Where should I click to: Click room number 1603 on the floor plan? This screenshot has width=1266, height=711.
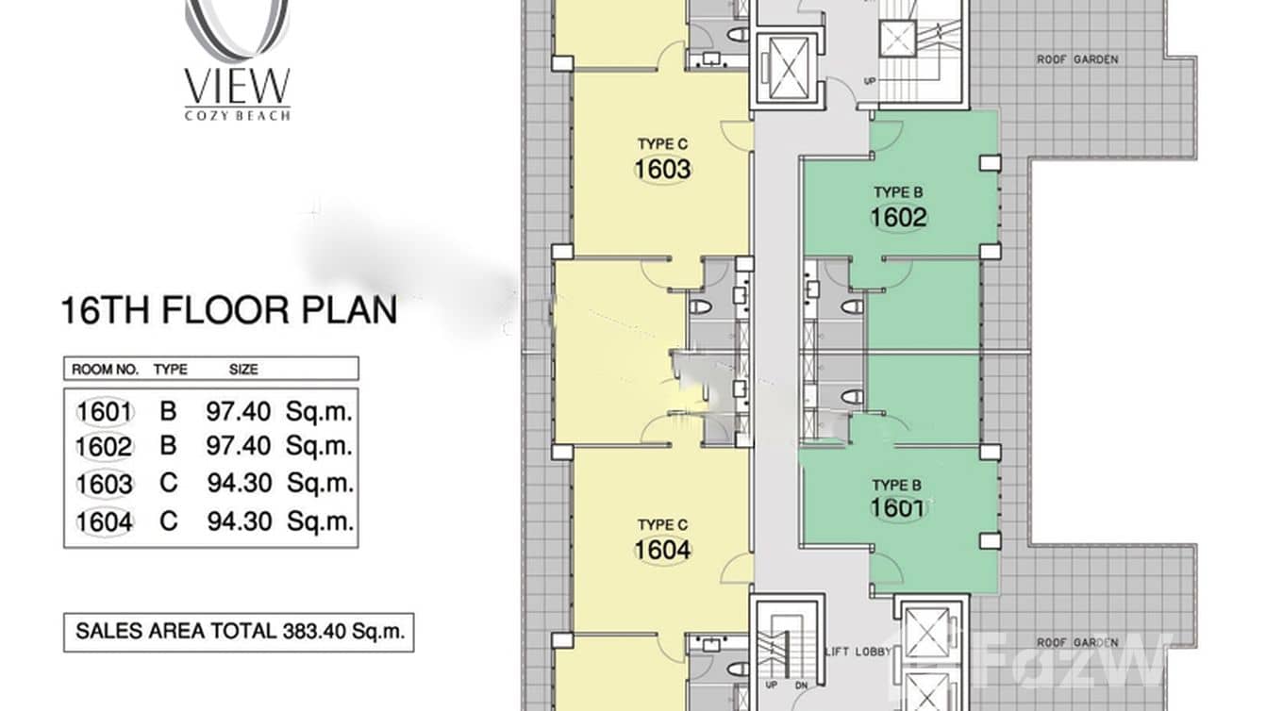(x=662, y=170)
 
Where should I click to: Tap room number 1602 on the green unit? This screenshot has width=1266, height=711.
(x=899, y=218)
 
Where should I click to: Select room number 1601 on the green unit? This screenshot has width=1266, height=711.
(x=897, y=507)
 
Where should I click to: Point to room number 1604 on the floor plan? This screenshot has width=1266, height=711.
(x=662, y=550)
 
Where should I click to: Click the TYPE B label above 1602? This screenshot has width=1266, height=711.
(x=898, y=192)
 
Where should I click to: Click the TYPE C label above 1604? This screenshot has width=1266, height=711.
(x=662, y=525)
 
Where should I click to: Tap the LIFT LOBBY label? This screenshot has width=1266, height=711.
(x=858, y=652)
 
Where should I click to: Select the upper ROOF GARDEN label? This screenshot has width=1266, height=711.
(x=1077, y=59)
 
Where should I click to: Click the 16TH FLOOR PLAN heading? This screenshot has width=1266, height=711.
(x=229, y=310)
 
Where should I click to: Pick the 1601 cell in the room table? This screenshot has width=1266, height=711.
(x=105, y=412)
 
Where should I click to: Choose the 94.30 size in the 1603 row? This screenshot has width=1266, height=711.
(x=239, y=484)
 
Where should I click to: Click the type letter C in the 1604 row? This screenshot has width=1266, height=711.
(x=169, y=521)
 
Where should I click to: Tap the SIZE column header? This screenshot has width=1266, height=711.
(x=243, y=370)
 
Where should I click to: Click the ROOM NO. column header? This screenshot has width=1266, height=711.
(x=105, y=370)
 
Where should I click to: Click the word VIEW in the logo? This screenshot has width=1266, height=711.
(x=238, y=86)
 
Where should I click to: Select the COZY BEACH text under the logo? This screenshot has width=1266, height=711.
(x=238, y=115)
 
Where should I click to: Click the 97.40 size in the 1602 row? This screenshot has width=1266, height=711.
(x=239, y=446)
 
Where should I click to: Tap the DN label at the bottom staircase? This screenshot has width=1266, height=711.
(x=802, y=686)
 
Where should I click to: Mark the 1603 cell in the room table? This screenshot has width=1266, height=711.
(x=105, y=485)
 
